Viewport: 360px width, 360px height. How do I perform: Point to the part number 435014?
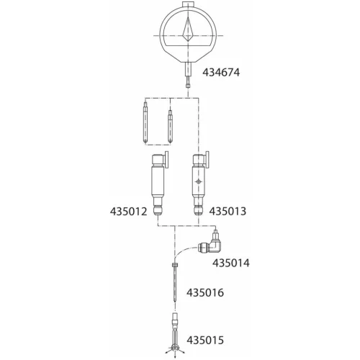pos(232,263)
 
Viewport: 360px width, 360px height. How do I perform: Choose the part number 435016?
pos(205,293)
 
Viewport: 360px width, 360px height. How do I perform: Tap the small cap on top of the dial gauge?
pos(188,5)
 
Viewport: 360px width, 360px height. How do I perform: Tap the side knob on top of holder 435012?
pos(167,160)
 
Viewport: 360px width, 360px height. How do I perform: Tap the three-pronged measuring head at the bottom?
pos(174,348)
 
